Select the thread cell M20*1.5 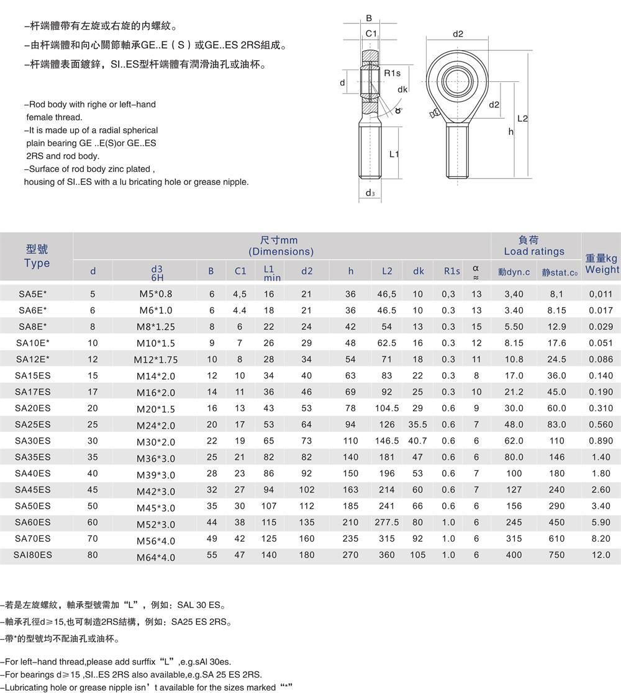point(155,409)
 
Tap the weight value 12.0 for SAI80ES point(601,555)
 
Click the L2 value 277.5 point(386,522)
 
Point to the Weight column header point(601,264)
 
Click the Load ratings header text point(534,251)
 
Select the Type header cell point(37,256)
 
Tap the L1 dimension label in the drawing point(394,154)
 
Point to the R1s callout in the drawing point(392,73)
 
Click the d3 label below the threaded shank point(370,193)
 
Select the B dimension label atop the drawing point(369,19)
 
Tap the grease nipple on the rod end point(433,114)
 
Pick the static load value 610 point(556,539)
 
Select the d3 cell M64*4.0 point(155,557)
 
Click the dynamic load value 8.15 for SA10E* point(514,343)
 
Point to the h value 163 point(350,490)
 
